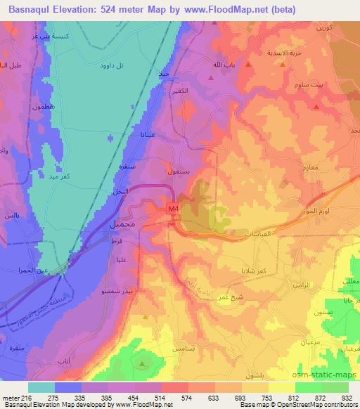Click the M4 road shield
173,209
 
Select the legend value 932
347,397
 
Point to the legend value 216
21,397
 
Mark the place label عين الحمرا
33,269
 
